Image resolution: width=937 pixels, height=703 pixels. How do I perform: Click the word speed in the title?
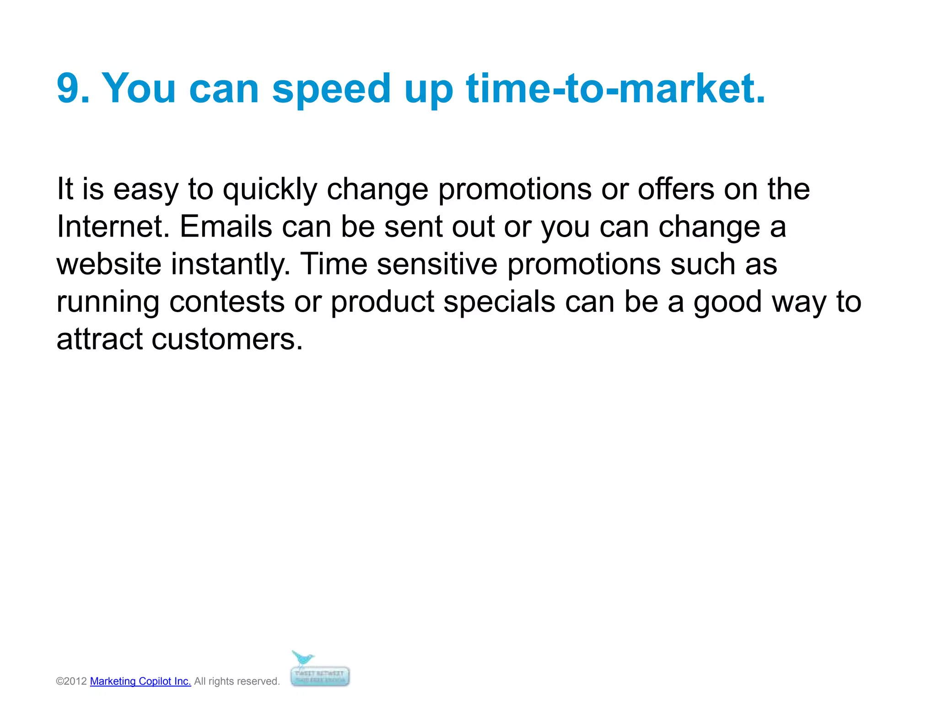tap(331, 89)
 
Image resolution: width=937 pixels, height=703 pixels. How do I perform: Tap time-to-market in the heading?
tap(615, 88)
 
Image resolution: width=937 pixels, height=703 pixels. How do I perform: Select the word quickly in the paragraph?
tap(269, 189)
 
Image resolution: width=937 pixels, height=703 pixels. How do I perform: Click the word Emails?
tap(226, 227)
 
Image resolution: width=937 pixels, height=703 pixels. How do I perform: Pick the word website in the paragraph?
tap(109, 264)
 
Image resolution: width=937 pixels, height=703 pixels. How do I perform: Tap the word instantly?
tap(231, 265)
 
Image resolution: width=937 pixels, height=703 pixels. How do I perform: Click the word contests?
tap(227, 302)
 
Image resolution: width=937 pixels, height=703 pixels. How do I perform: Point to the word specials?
tap(499, 302)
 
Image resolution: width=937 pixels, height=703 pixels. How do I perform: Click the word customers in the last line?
tap(227, 340)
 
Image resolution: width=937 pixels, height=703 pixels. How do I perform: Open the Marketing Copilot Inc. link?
tap(140, 681)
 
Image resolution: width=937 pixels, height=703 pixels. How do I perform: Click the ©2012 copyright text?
tap(71, 681)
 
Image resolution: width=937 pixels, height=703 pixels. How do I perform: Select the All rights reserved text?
tap(237, 681)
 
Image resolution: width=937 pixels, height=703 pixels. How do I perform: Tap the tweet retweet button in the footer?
tap(320, 676)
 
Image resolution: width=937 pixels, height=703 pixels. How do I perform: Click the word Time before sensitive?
tap(334, 264)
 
